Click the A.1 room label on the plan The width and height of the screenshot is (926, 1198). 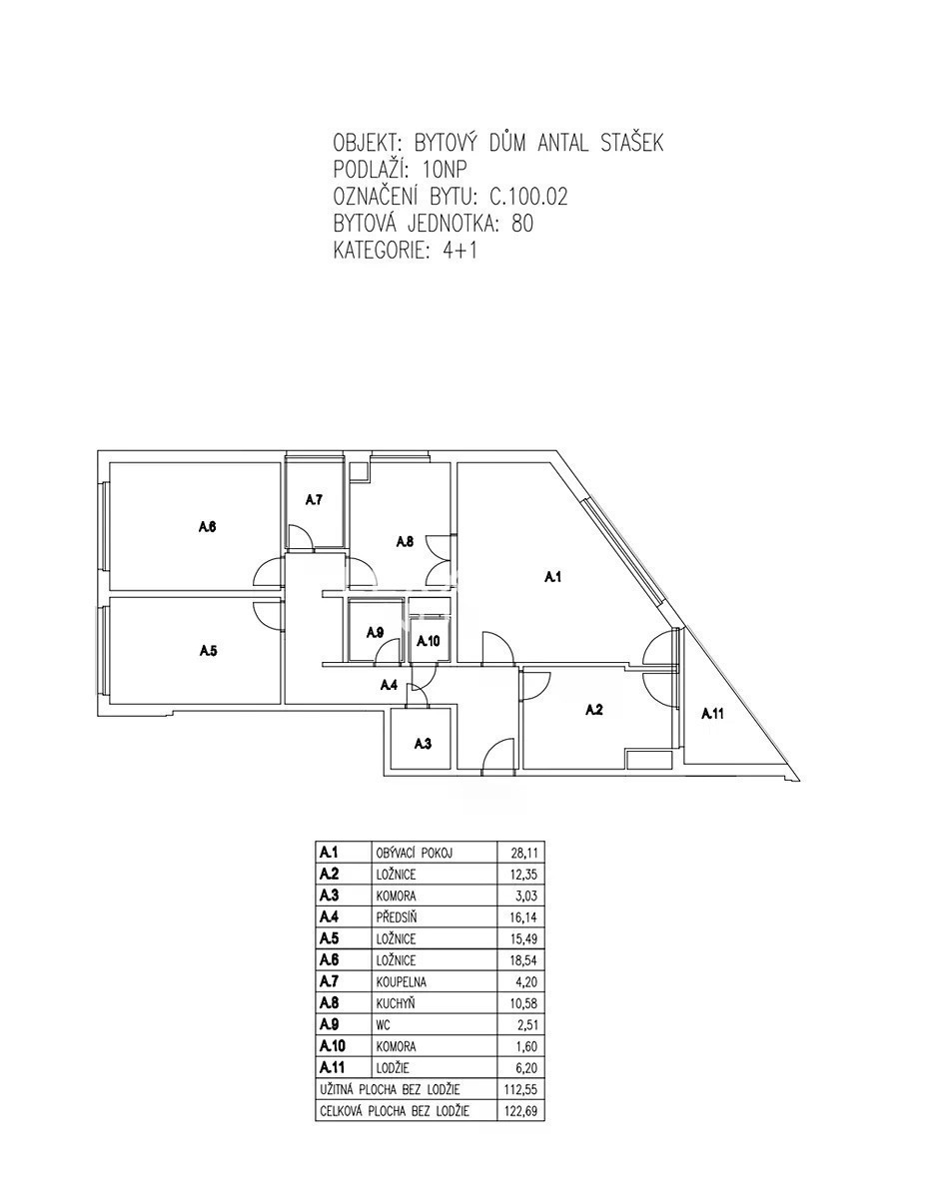(553, 577)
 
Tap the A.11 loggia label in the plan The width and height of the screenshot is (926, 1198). (712, 714)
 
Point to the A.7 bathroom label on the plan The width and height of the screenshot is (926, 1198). (314, 500)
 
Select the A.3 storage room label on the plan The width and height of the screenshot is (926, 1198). (423, 745)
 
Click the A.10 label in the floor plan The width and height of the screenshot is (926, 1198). (428, 641)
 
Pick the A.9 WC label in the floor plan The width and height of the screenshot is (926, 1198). (375, 633)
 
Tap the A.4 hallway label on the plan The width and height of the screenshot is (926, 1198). (389, 685)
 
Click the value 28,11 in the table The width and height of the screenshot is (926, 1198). (524, 853)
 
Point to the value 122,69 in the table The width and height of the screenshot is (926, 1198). (520, 1110)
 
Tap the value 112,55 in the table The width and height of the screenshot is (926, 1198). (520, 1089)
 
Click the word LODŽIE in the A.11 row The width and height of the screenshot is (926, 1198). (393, 1068)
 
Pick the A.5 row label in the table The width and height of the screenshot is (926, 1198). (330, 938)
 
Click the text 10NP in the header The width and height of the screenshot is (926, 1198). (444, 170)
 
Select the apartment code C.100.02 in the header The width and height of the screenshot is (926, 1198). (528, 197)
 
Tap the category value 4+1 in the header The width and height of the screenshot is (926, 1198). (460, 251)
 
